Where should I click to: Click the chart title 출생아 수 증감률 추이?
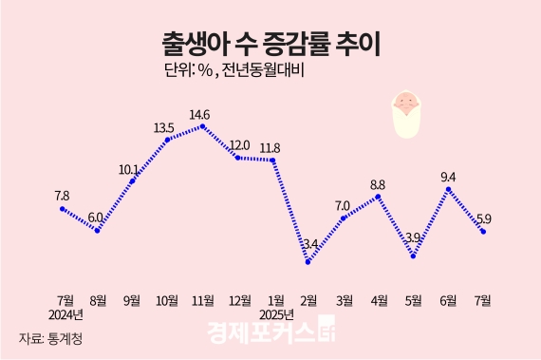click(270, 44)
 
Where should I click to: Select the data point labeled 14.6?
click(202, 125)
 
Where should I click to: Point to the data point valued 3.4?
click(308, 261)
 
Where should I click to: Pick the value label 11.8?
click(270, 147)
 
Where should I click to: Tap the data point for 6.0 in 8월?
click(97, 230)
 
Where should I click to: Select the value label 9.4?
click(448, 176)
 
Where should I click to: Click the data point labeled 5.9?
click(484, 231)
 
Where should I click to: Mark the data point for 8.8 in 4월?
click(379, 197)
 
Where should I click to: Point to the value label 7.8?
click(63, 196)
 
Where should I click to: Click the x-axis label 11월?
click(201, 300)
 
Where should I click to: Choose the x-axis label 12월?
click(239, 300)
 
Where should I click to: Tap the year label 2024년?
click(65, 315)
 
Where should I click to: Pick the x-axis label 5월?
click(413, 300)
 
